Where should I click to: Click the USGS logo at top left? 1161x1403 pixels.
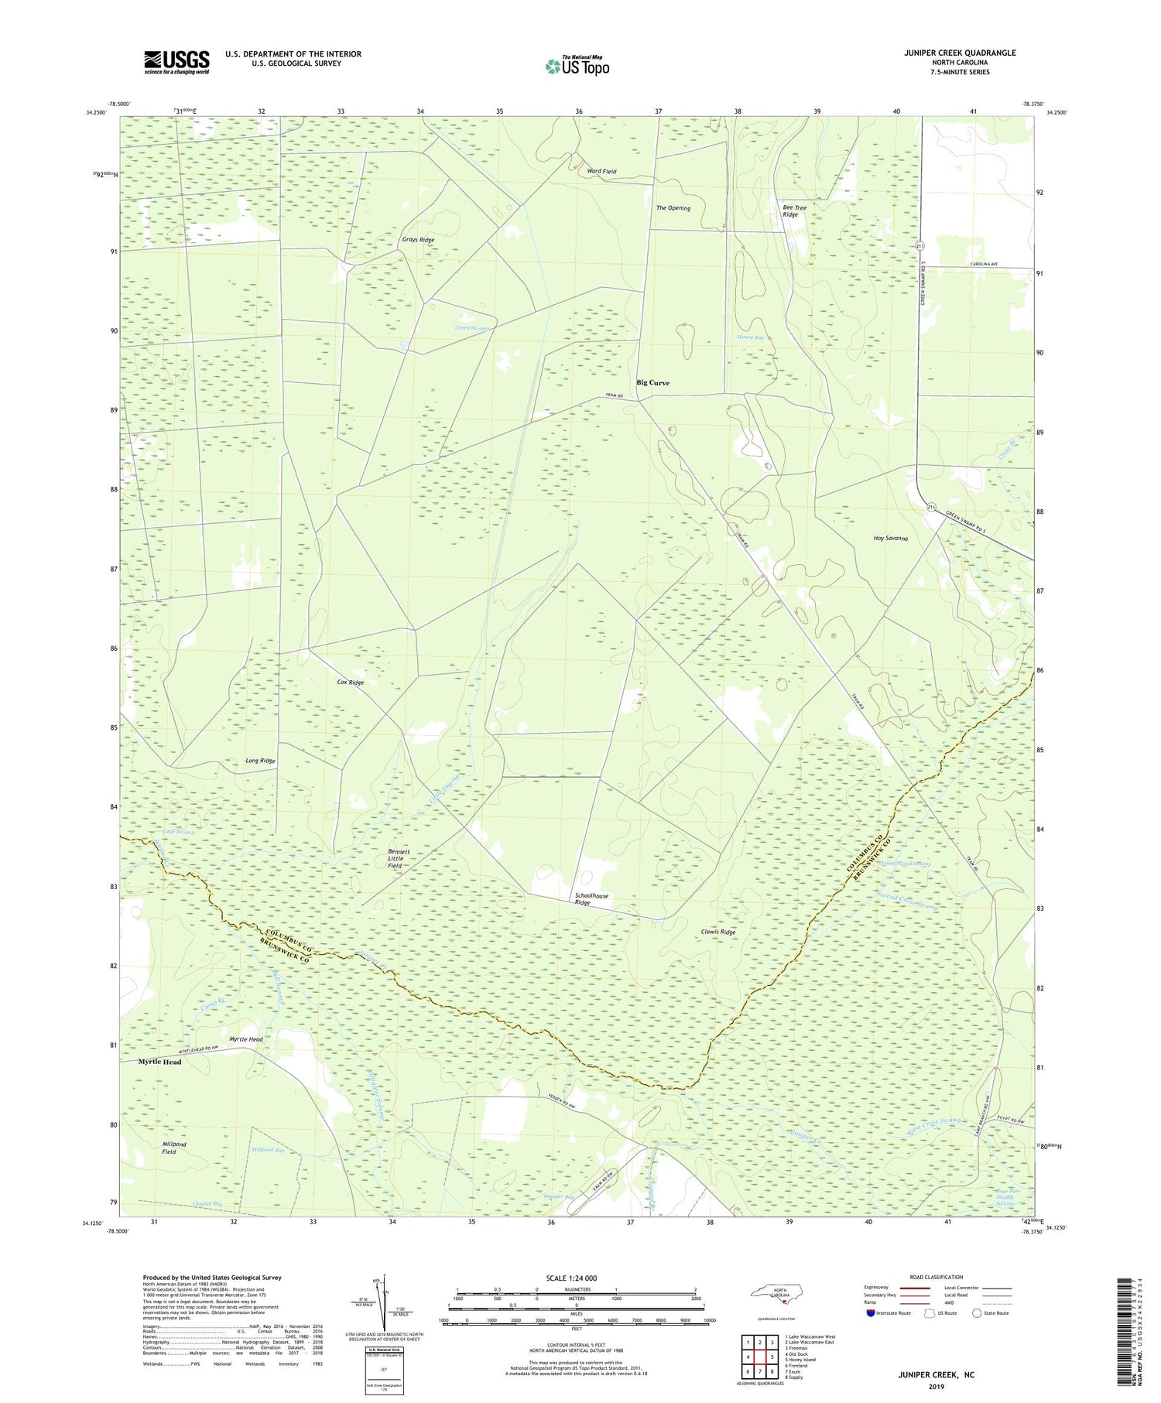[x=176, y=62]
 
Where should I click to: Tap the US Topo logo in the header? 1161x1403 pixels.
[x=577, y=67]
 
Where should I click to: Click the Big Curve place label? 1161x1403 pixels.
[x=652, y=383]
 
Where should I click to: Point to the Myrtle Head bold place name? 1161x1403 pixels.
[x=159, y=1062]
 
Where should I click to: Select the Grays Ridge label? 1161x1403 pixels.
[x=418, y=240]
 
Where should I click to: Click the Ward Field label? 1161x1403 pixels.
[x=601, y=171]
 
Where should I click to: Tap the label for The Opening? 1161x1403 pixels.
[x=673, y=208]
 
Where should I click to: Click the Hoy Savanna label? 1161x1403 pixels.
[x=890, y=539]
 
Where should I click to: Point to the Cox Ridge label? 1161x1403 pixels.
[x=351, y=683]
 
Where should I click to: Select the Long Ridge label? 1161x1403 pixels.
[x=260, y=761]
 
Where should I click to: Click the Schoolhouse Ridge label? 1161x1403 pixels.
[x=591, y=899]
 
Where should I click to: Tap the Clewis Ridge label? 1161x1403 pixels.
[x=718, y=932]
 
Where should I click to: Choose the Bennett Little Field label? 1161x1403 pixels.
[x=399, y=859]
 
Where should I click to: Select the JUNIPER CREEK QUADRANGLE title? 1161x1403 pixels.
[x=948, y=53]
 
